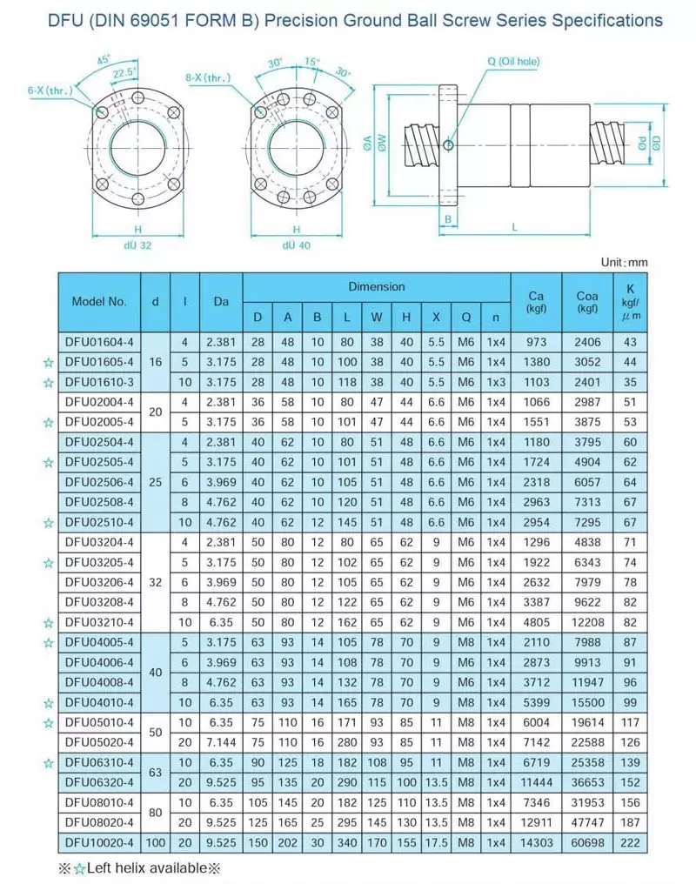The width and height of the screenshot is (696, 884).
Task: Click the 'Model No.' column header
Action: click(x=100, y=302)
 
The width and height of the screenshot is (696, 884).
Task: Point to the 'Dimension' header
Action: click(x=376, y=286)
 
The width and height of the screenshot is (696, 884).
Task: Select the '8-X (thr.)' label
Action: click(x=208, y=78)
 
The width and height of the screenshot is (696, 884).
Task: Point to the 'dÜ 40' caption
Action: click(x=296, y=245)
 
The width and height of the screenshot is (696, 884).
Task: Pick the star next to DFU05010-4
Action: click(x=49, y=722)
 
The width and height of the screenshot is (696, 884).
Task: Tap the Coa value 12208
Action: click(x=586, y=622)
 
